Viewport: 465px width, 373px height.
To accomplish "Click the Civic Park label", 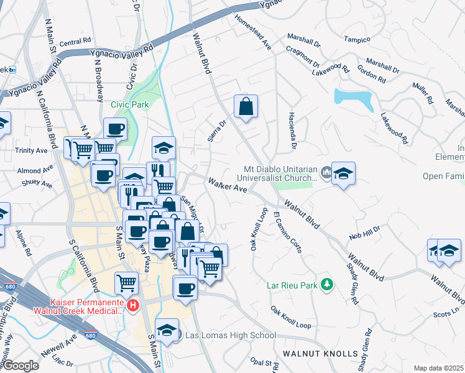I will pos(129,104).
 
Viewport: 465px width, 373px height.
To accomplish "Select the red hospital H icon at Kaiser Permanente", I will pos(132,305).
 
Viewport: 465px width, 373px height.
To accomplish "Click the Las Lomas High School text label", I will pos(231,336).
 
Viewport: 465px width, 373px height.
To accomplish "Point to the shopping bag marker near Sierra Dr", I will pos(246,106).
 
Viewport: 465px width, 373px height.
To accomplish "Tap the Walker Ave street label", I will pos(228,185).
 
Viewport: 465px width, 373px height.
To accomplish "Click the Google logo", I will pos(21,366).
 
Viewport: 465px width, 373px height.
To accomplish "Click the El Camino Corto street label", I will pos(287,232).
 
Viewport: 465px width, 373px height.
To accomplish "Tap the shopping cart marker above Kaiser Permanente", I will pos(127,282).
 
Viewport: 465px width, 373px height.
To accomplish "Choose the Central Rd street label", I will pos(75,42).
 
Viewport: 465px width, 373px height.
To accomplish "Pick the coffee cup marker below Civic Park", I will pos(115,129).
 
